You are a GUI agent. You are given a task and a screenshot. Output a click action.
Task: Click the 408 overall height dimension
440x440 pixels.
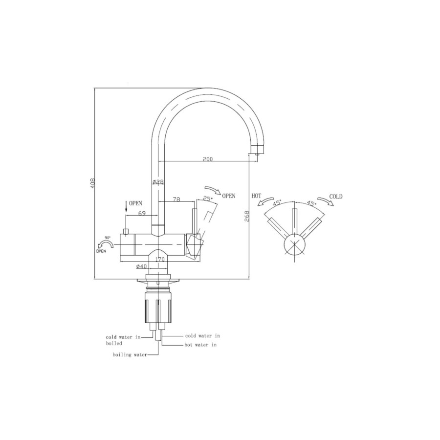(92, 183)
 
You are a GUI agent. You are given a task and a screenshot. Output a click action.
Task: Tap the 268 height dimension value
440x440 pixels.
(247, 216)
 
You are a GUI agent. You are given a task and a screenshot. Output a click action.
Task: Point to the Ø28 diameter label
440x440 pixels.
(158, 181)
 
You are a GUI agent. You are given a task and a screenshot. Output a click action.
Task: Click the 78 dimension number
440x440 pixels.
(176, 199)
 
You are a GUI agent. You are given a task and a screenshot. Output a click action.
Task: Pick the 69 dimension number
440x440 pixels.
(142, 213)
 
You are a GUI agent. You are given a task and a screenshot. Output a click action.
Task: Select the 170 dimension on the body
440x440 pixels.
(159, 259)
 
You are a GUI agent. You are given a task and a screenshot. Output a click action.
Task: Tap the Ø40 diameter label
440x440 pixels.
(141, 266)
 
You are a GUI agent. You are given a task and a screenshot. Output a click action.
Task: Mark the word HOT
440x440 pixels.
(257, 196)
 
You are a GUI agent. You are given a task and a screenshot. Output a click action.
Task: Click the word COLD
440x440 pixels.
(336, 197)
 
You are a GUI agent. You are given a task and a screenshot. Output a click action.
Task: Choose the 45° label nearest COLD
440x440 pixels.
(311, 202)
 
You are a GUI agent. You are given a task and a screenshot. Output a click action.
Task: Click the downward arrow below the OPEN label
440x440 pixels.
(126, 207)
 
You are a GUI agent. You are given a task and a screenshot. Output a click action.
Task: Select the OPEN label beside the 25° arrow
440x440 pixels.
(228, 196)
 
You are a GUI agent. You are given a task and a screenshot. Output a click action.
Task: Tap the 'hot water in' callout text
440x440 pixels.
(200, 345)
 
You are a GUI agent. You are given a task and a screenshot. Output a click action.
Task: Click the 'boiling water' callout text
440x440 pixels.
(130, 355)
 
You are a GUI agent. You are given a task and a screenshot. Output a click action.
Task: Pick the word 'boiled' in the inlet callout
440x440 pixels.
(114, 343)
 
